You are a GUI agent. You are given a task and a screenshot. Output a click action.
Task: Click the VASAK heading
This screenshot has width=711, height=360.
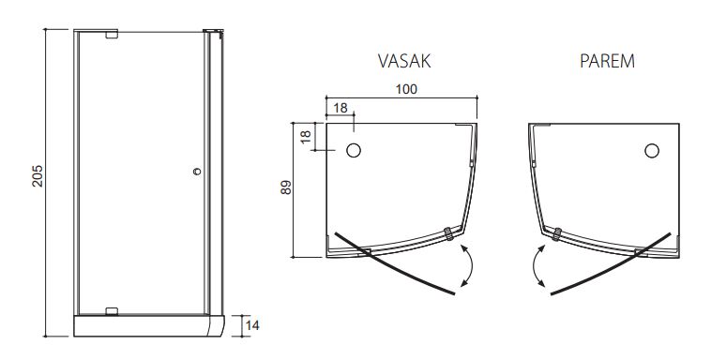(x=404, y=61)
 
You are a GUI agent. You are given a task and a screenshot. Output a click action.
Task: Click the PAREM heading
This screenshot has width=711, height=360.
(x=607, y=61)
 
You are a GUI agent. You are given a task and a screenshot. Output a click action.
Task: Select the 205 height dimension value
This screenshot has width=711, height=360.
(x=38, y=176)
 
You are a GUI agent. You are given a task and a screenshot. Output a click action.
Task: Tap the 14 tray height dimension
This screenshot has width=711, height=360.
(x=252, y=325)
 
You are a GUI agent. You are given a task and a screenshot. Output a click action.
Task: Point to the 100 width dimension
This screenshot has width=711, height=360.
(x=406, y=89)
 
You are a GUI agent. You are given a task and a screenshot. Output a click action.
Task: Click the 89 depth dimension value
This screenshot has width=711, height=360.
(x=286, y=187)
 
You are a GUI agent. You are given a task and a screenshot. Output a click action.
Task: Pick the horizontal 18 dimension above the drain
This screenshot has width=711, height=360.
(x=340, y=108)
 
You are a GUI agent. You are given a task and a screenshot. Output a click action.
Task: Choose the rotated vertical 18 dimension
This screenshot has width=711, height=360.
(x=307, y=137)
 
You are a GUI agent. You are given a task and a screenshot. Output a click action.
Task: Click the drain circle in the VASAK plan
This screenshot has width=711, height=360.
(x=354, y=151)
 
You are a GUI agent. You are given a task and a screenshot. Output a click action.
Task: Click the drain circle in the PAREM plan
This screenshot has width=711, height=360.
(x=652, y=151)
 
